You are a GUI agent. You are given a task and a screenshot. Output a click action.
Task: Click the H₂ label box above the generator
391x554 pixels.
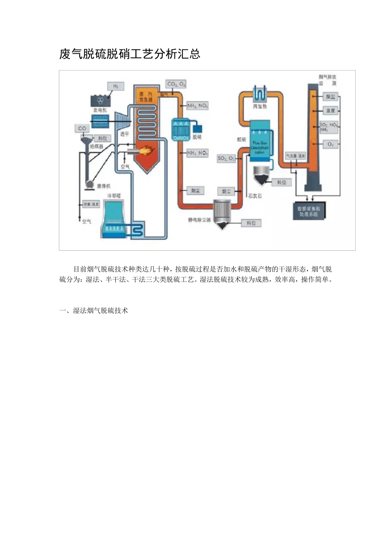(116, 86)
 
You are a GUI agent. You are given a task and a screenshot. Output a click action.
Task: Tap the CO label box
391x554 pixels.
(82, 128)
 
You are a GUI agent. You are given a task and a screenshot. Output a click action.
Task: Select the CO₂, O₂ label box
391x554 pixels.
(176, 84)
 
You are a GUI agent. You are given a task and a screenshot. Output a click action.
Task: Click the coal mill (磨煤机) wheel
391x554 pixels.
(89, 185)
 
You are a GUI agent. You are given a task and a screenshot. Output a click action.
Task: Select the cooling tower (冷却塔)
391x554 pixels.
(115, 219)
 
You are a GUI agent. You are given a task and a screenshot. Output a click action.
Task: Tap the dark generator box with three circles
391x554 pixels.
(100, 101)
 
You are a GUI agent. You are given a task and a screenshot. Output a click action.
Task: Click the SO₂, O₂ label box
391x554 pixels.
(226, 158)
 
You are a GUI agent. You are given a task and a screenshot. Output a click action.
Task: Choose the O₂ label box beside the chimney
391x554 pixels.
(330, 144)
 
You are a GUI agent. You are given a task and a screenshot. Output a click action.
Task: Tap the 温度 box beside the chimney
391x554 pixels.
(330, 110)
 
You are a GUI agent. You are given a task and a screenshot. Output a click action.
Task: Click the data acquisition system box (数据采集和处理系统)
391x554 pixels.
(309, 211)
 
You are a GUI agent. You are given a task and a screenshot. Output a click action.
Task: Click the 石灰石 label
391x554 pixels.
(255, 196)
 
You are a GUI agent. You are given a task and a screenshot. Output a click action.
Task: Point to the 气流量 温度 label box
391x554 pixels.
(296, 156)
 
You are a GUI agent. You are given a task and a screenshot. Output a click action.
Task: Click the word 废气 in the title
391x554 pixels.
(68, 54)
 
